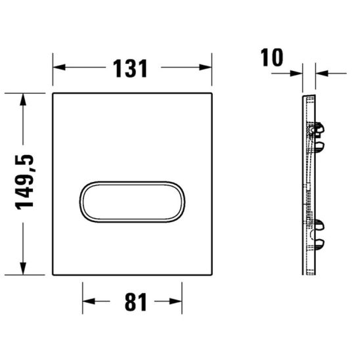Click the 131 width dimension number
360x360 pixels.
tap(132, 67)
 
